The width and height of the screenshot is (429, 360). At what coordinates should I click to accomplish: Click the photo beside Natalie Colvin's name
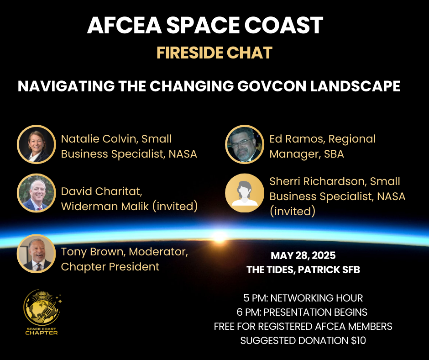[37, 144]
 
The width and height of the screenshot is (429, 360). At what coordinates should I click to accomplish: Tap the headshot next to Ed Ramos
[245, 144]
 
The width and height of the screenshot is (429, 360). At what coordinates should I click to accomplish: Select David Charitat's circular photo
[37, 193]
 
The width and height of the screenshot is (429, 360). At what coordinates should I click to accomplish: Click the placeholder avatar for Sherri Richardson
[245, 193]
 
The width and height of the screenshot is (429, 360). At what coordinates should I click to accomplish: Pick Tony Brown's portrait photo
[37, 254]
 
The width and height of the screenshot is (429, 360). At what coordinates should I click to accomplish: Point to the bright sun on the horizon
[220, 236]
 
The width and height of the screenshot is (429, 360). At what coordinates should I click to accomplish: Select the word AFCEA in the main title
[125, 25]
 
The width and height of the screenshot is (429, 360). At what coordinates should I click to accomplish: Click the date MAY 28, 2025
[303, 256]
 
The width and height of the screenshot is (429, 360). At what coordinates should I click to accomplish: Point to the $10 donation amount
[358, 340]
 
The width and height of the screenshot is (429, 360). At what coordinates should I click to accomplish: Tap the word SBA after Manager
[334, 154]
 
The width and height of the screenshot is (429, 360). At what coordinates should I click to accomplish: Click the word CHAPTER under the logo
[42, 333]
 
